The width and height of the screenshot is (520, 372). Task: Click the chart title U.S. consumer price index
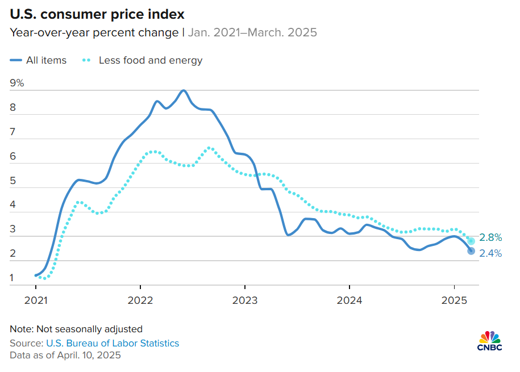[97, 13]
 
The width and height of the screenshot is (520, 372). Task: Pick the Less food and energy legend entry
[142, 60]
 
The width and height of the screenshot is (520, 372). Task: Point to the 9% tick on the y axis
[17, 83]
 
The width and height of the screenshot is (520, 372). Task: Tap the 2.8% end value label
[490, 237]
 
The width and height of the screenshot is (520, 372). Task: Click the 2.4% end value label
[490, 254]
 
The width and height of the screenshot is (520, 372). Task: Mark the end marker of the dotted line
[471, 241]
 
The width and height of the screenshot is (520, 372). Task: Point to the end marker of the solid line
[471, 251]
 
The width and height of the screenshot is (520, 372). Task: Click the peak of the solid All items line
[184, 90]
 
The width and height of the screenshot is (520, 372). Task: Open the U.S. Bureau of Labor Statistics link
[113, 343]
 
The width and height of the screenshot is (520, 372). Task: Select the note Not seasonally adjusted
[76, 329]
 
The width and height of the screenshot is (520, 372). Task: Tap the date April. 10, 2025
[88, 356]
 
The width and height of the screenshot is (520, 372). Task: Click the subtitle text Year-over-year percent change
[94, 32]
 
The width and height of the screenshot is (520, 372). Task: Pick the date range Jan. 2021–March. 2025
[252, 32]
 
